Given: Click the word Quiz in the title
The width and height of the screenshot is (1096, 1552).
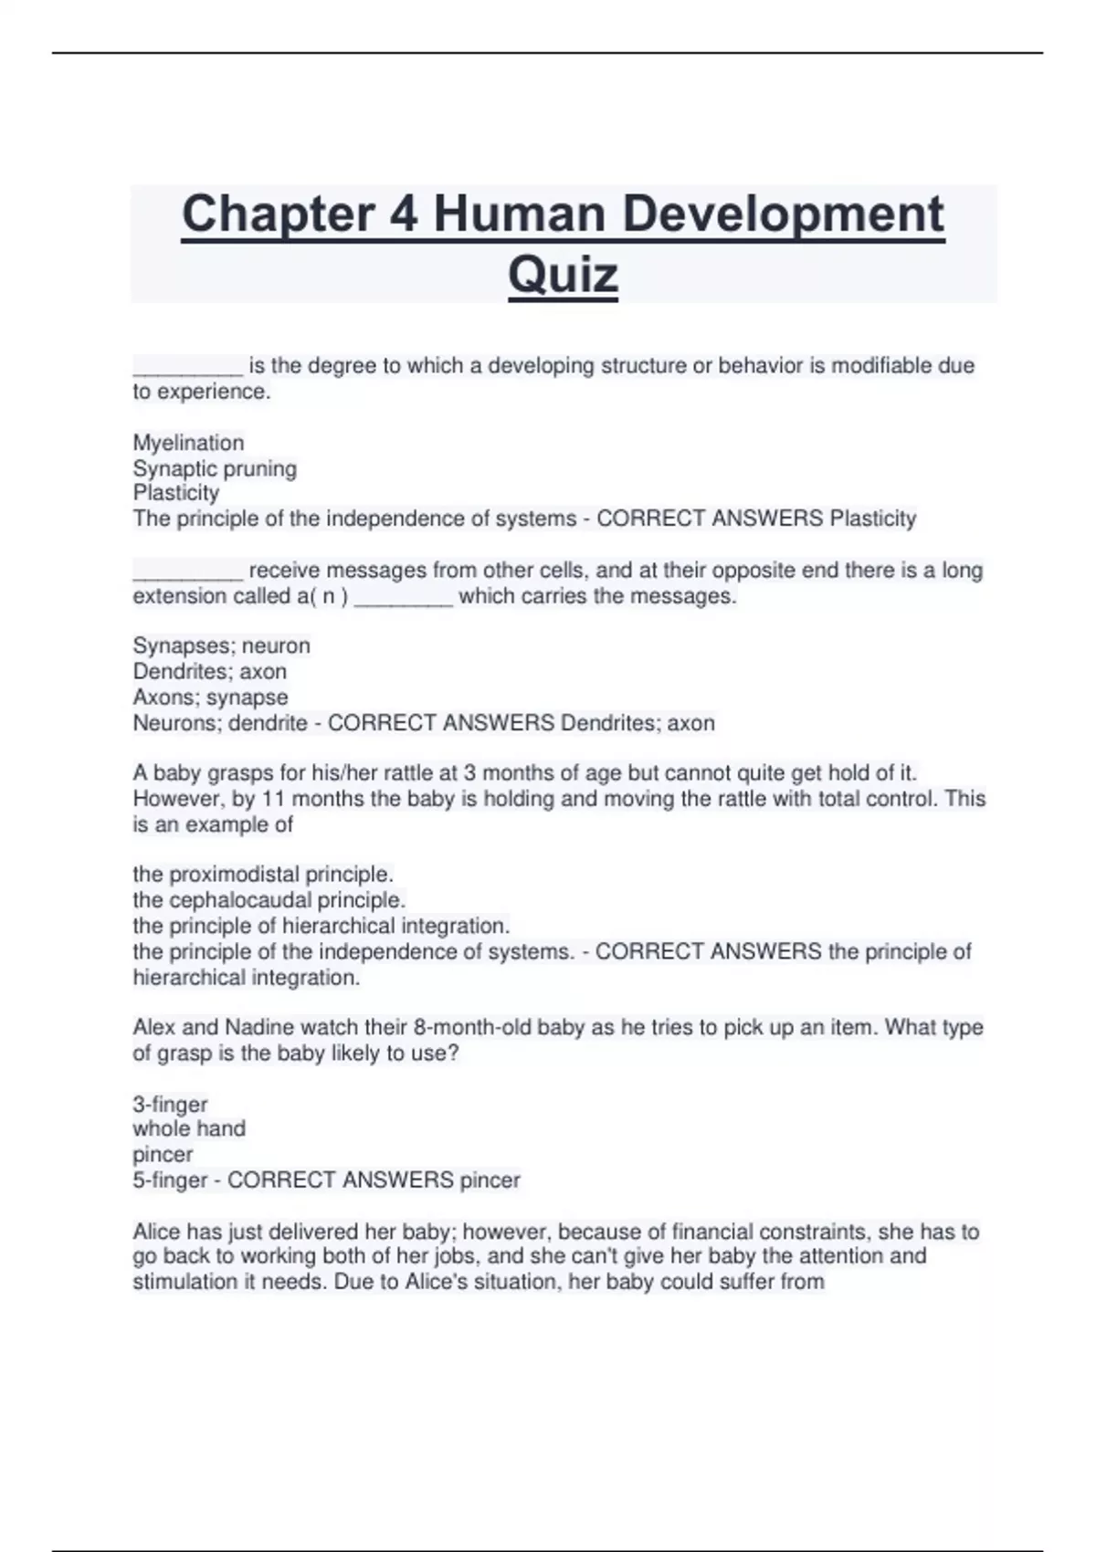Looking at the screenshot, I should [563, 274].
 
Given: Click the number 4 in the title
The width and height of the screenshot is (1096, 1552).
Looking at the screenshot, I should [403, 214].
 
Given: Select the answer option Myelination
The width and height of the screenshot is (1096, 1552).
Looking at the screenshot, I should [188, 443].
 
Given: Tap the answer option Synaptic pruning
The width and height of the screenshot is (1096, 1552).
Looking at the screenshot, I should [215, 468].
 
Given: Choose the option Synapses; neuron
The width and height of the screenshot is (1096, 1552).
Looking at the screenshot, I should [221, 645].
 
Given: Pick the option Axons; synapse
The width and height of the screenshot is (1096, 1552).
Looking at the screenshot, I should [210, 697].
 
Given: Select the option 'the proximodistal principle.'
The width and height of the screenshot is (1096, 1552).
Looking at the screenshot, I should [263, 874].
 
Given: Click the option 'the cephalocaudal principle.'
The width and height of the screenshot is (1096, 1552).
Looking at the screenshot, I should [269, 899].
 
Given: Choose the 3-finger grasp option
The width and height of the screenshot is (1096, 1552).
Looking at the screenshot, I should [170, 1104].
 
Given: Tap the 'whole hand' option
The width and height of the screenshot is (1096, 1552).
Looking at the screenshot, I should [189, 1128].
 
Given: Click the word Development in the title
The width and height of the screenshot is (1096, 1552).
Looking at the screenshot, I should [781, 214].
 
